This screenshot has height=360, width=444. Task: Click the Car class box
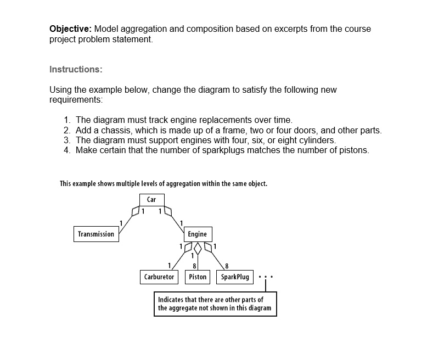click(x=151, y=200)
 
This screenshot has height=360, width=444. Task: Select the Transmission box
click(x=96, y=234)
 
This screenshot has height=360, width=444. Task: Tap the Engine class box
click(x=197, y=234)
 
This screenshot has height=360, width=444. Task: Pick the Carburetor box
click(x=159, y=277)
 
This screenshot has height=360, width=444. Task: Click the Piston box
click(x=198, y=277)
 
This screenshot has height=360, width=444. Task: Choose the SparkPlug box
click(x=235, y=277)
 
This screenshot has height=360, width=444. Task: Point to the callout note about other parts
click(x=215, y=304)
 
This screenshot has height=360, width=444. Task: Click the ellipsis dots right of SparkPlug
click(x=265, y=277)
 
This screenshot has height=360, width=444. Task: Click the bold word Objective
click(x=71, y=29)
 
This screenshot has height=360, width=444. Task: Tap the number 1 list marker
click(x=66, y=120)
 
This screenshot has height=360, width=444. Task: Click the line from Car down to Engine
click(x=177, y=219)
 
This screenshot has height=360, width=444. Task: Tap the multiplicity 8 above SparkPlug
click(x=220, y=266)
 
